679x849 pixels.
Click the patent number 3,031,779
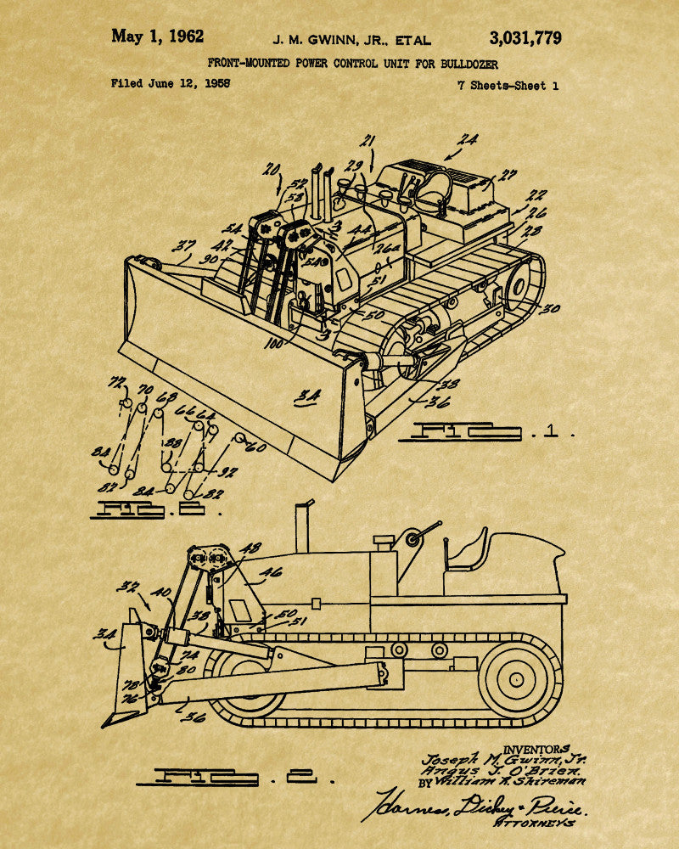coord(525,37)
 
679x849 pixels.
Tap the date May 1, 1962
coord(158,37)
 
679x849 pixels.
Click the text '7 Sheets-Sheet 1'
coord(508,85)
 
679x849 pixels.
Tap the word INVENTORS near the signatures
coord(536,748)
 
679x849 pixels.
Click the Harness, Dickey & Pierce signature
coord(475,802)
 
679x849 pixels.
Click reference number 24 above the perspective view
coord(467,139)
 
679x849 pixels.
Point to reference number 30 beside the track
coord(551,309)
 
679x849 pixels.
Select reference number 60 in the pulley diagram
coord(255,446)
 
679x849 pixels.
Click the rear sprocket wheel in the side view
coord(517,679)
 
